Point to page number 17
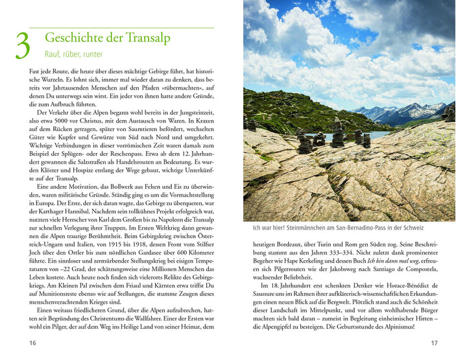coord(434,342)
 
